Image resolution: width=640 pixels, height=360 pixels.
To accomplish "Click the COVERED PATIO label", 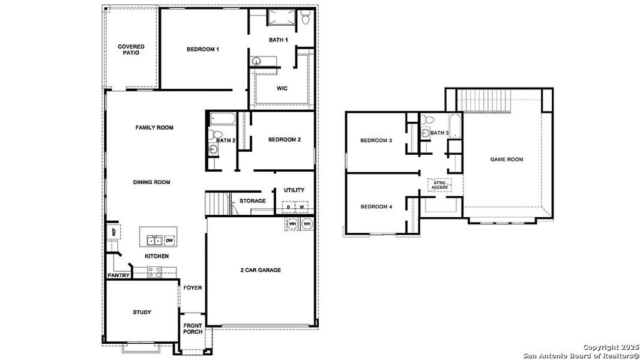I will [130, 49].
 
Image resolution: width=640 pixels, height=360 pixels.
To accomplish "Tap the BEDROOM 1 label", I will [202, 49].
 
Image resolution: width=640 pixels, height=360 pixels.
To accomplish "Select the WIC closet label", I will [282, 88].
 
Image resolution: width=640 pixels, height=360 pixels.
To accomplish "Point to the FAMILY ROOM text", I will [154, 127].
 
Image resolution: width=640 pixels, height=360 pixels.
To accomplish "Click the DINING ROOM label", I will [152, 182].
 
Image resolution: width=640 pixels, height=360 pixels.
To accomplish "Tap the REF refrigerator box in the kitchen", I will [112, 231].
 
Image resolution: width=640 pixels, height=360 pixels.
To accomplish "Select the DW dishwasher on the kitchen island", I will [169, 241].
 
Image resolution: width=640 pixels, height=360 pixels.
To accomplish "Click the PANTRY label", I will [118, 275].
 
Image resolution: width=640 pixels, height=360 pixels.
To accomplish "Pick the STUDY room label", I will [142, 312].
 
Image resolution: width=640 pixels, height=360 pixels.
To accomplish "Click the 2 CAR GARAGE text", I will [260, 270].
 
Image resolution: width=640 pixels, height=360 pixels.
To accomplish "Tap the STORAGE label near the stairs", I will [252, 201].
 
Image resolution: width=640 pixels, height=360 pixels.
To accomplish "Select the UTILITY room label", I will [294, 190].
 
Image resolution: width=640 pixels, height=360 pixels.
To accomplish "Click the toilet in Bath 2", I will [217, 134].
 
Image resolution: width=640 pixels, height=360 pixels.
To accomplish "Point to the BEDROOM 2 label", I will [284, 140].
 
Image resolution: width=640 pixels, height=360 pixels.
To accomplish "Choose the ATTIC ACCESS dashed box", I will [439, 185].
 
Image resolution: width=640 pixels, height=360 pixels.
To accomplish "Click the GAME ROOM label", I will [506, 160].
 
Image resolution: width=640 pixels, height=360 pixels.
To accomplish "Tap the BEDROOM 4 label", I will [376, 207].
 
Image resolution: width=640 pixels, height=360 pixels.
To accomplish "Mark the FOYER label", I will [193, 288].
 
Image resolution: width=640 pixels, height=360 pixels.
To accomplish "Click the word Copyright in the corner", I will [597, 347].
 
